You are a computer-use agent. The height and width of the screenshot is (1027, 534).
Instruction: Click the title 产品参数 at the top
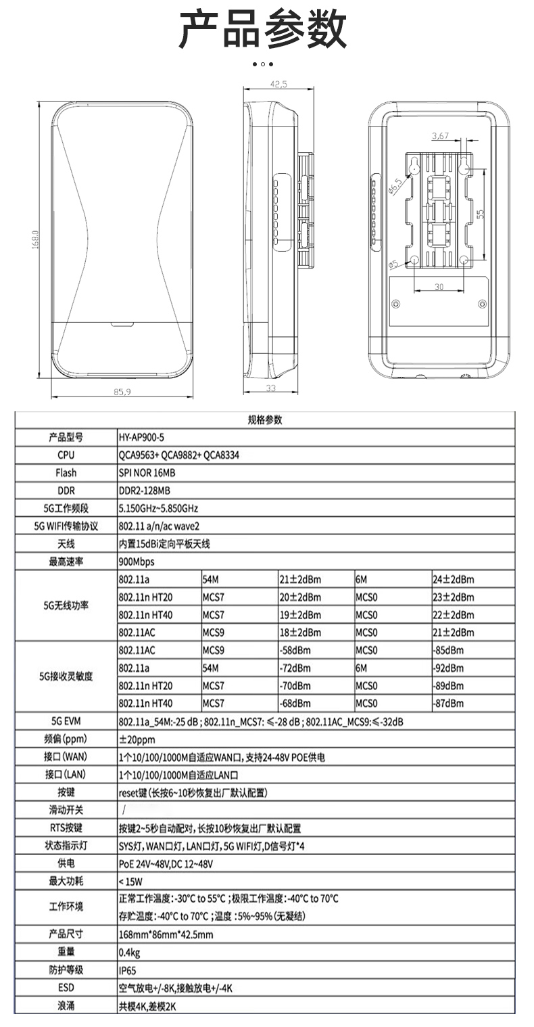(x=263, y=30)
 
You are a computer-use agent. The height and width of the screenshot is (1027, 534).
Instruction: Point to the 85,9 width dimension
(x=122, y=392)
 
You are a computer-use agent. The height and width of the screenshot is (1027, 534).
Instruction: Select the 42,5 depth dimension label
(x=278, y=85)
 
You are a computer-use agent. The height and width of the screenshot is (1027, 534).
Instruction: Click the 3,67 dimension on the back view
(x=440, y=136)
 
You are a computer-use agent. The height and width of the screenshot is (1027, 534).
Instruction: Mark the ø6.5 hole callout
(x=395, y=186)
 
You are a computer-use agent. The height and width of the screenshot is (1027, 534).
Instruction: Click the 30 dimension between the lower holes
(x=439, y=287)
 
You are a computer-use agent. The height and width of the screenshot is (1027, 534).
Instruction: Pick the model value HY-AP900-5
(x=141, y=438)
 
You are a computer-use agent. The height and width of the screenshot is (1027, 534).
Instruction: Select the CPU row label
(x=66, y=455)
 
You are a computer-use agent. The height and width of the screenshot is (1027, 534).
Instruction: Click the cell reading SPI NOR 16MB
(x=147, y=473)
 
